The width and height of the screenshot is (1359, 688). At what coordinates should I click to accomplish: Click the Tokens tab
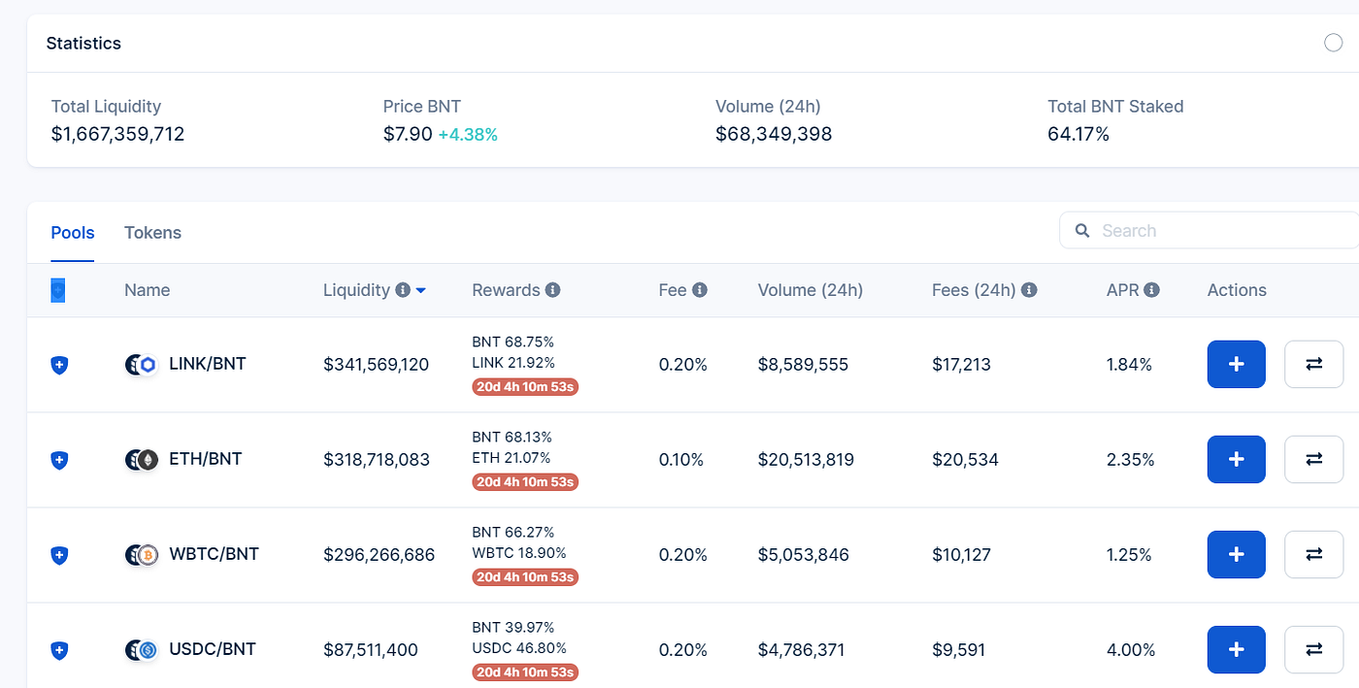152,233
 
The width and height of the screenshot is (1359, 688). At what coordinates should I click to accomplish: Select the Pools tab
73,233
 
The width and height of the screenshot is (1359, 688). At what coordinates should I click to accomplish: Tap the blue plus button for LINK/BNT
1236,365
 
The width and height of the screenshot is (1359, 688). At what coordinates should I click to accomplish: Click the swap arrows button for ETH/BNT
1313,460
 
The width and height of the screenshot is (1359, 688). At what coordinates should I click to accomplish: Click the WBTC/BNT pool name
214,554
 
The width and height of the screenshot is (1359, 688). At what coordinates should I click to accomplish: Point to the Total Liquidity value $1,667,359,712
117,134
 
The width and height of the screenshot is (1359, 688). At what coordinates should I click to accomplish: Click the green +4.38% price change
468,135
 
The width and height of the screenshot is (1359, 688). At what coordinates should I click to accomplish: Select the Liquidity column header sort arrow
421,290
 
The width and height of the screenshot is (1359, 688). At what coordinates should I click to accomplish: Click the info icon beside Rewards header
552,290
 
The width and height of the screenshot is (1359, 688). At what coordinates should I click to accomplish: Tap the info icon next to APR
1151,290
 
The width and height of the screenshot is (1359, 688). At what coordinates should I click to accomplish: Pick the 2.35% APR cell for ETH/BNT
1130,460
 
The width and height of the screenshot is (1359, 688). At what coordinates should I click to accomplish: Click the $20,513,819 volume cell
806,460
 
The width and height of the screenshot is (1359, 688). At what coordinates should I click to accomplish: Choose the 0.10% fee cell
681,460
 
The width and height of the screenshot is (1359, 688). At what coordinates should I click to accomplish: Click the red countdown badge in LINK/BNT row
525,386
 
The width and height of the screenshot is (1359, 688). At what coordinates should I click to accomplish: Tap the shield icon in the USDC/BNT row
59,650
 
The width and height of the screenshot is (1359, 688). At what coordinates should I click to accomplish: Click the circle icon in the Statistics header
1333,43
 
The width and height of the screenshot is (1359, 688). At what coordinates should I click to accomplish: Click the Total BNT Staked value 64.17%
1077,134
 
